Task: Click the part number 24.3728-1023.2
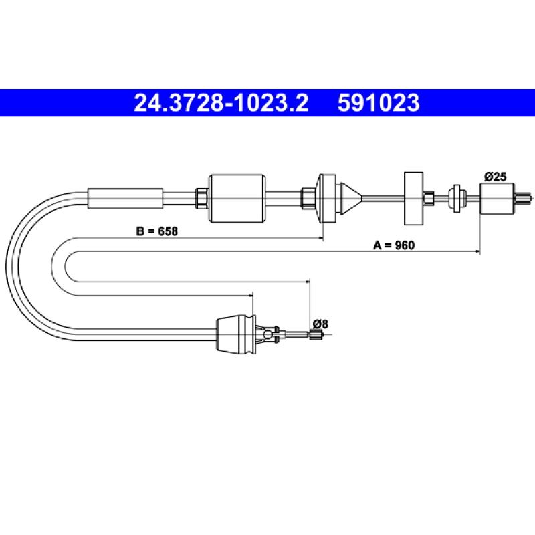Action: coord(221,103)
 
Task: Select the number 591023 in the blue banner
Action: coord(379,103)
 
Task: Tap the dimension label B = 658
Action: coord(157,231)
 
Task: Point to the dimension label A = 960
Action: coord(394,245)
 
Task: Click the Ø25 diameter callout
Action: coord(495,177)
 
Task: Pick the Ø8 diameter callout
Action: coord(320,324)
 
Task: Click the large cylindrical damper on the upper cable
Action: coord(237,198)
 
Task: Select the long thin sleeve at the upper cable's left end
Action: coord(126,198)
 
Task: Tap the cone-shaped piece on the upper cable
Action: coord(350,198)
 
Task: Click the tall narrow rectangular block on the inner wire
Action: coord(413,198)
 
